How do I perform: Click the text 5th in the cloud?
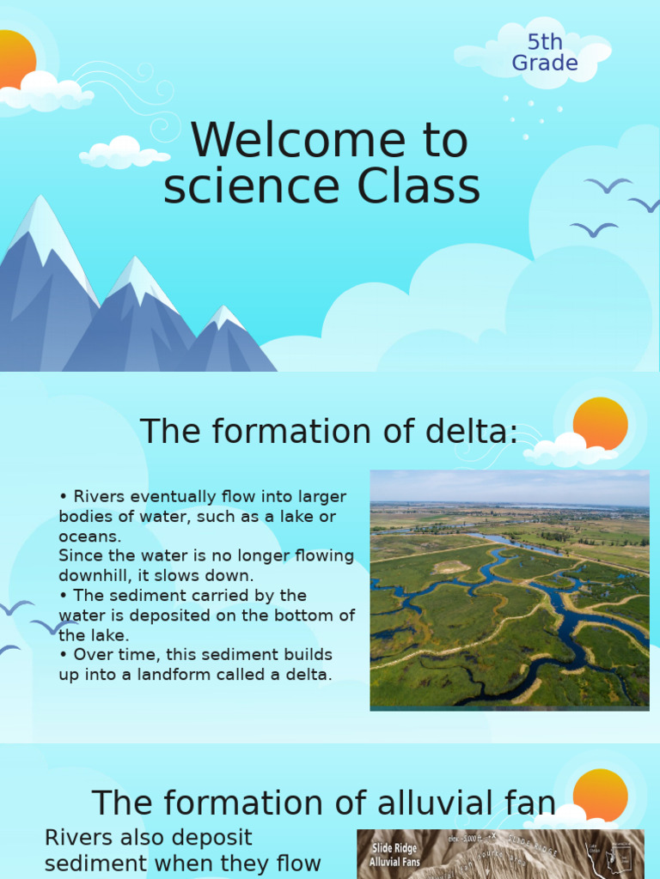coord(545,42)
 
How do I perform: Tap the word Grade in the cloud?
coord(545,63)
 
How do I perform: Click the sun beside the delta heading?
coord(600,423)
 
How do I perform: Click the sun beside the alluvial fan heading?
coord(600,794)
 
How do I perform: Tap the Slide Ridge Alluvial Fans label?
coord(394,854)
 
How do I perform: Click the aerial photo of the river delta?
coord(509,589)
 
